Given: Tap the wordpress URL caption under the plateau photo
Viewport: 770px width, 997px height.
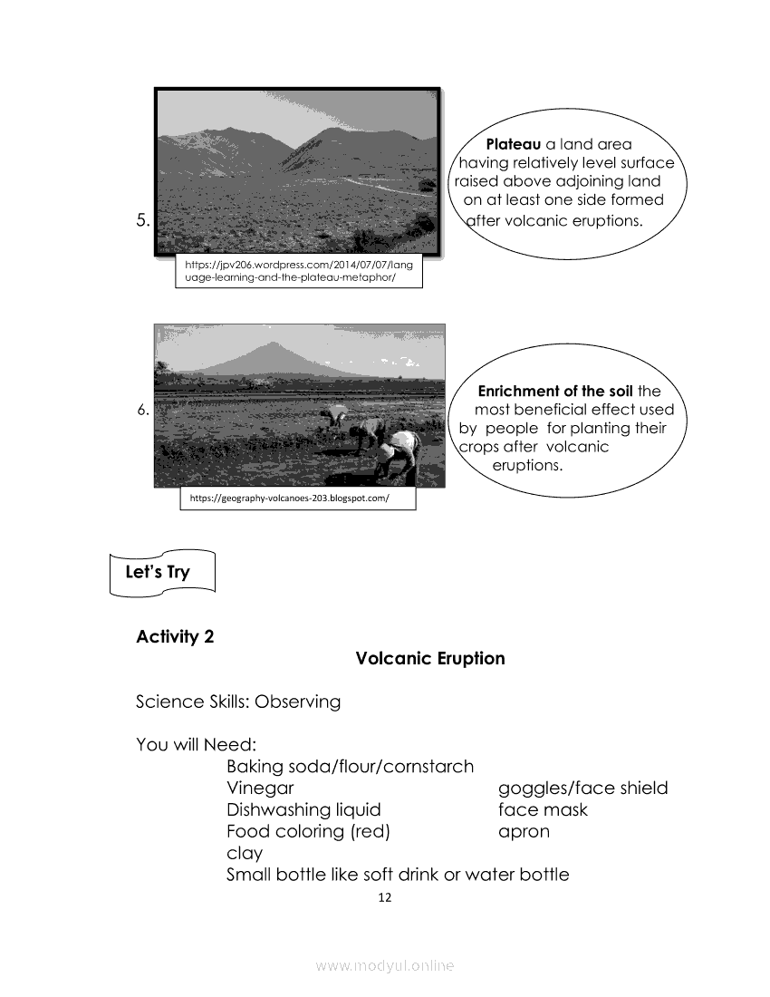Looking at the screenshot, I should click(299, 271).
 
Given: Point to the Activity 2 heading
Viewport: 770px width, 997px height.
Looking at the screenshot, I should click(175, 636).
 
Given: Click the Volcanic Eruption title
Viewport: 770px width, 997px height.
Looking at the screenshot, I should click(430, 658).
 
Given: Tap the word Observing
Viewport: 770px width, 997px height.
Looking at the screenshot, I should click(297, 702).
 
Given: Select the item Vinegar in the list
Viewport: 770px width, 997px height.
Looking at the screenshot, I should click(260, 788).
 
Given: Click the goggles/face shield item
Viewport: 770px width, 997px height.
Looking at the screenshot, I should click(582, 788).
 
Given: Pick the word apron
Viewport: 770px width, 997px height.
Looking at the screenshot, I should click(524, 831).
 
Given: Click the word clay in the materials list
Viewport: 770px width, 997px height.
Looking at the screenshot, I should click(245, 853).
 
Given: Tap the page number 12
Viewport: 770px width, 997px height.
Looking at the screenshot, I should click(384, 898).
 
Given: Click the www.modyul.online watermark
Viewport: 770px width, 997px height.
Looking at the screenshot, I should click(384, 966).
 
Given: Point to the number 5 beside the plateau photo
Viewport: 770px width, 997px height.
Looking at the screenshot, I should click(143, 219).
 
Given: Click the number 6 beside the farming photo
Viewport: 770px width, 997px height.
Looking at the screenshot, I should click(143, 410).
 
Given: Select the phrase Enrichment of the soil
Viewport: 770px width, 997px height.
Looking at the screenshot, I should click(555, 392).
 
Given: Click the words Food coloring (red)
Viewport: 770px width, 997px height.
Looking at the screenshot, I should click(308, 831).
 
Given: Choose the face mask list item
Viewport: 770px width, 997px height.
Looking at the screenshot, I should click(543, 809).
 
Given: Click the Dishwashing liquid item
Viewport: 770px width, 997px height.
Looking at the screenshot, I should click(303, 809).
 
